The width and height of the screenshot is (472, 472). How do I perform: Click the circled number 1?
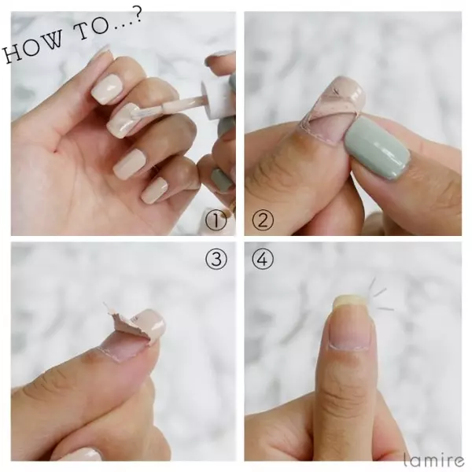click(x=216, y=220)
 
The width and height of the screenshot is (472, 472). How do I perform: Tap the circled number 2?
click(x=263, y=219)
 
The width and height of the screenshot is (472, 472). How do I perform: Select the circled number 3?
click(x=216, y=259)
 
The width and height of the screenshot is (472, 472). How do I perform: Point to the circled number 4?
click(x=263, y=259)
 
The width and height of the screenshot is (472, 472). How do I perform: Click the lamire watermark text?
click(x=433, y=459)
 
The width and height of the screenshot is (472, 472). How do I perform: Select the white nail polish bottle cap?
click(x=216, y=99)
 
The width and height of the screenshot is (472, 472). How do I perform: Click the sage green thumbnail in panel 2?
click(x=377, y=149)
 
